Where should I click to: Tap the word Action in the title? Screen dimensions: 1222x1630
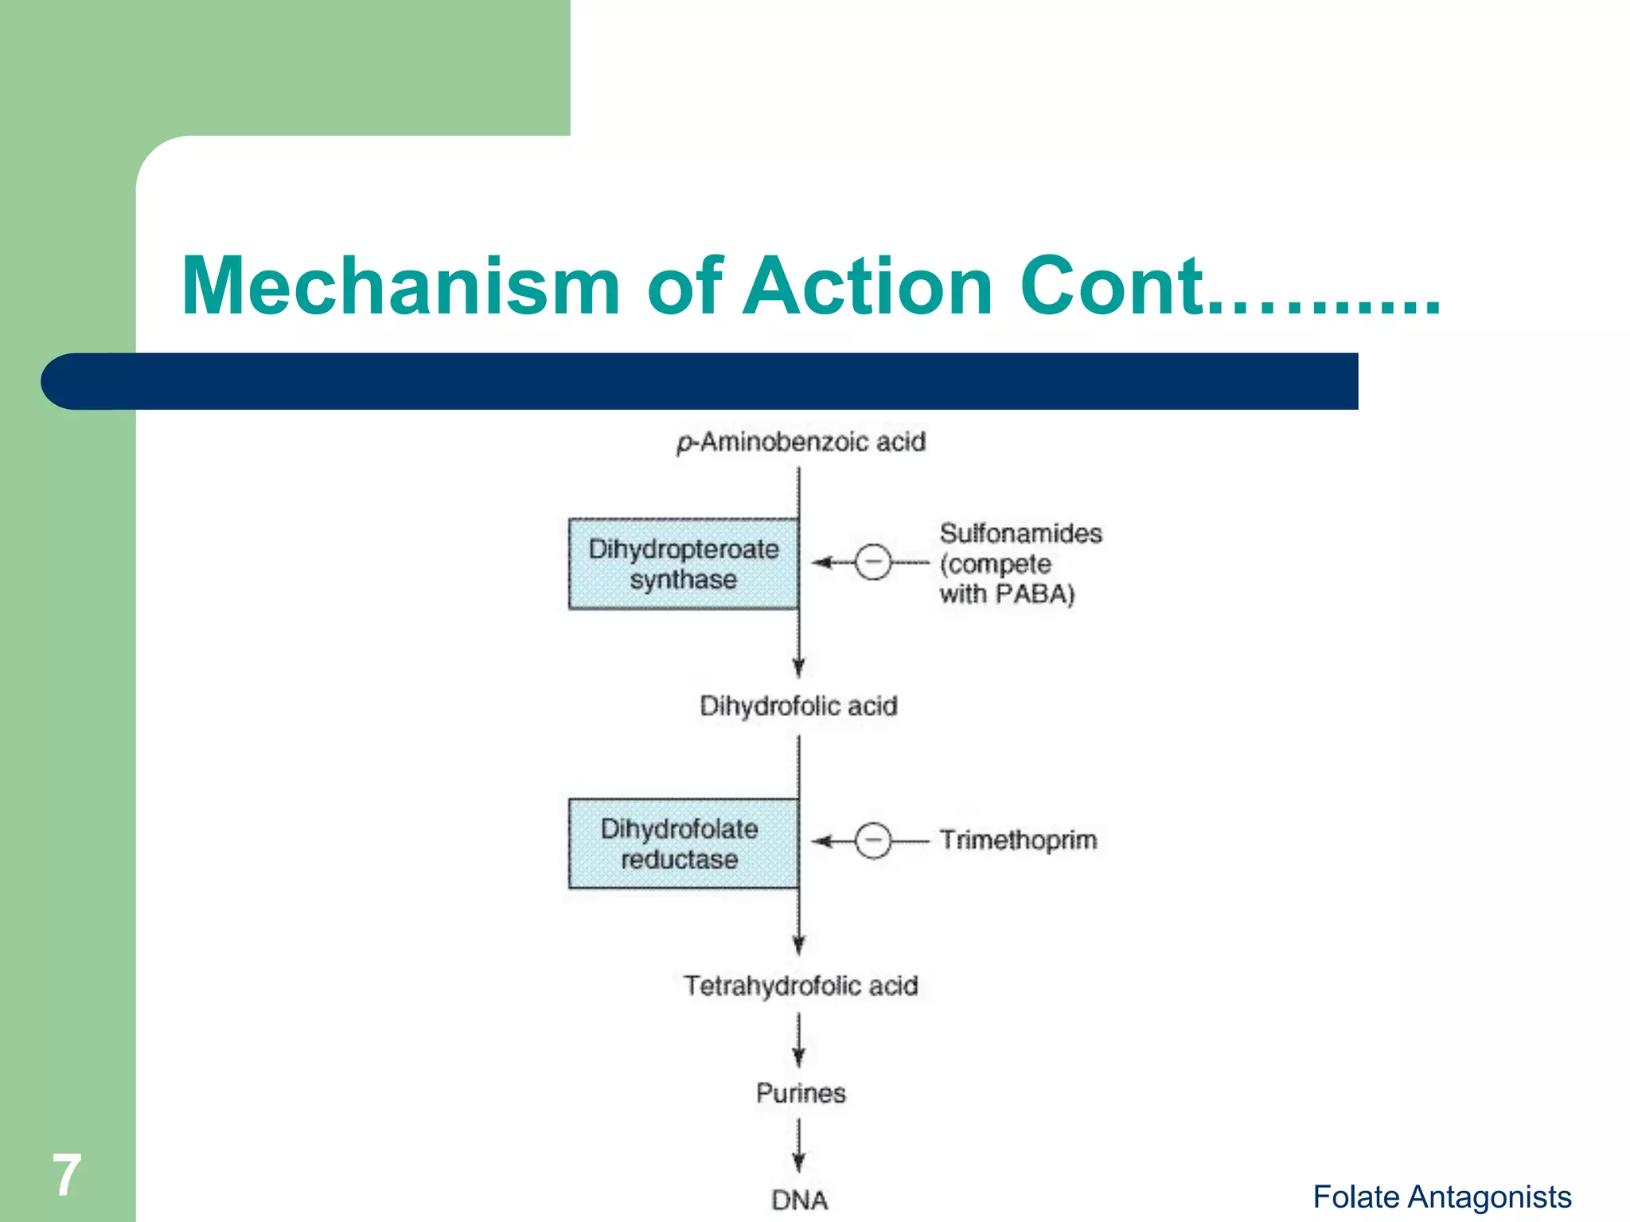[x=868, y=286]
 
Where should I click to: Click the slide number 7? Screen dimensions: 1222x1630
[x=67, y=1175]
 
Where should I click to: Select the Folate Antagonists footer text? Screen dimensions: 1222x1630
[x=1441, y=1197]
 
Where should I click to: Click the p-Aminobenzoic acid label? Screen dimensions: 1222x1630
[x=801, y=442]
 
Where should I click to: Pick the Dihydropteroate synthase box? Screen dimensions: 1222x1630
[x=684, y=564]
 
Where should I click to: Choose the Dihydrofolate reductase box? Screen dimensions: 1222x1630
[x=684, y=843]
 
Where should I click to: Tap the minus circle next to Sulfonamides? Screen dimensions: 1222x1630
[x=873, y=562]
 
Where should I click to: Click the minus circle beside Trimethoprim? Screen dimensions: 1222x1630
[x=873, y=841]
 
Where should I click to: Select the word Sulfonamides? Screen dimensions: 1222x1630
[x=1020, y=533]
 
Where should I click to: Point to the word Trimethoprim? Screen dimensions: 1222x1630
[x=1018, y=840]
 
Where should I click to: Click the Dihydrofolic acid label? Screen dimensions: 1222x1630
[x=798, y=706]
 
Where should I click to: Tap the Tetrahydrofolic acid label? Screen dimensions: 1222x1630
[x=801, y=986]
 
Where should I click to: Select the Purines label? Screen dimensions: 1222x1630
[x=801, y=1093]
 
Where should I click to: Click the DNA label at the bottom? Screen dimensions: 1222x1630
[x=799, y=1200]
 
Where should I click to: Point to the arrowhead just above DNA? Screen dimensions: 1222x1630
[x=799, y=1163]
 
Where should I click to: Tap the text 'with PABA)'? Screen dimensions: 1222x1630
[x=1007, y=594]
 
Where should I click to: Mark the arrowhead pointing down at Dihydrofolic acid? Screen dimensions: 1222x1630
[x=799, y=668]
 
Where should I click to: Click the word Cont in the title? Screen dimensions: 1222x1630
[x=1110, y=286]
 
